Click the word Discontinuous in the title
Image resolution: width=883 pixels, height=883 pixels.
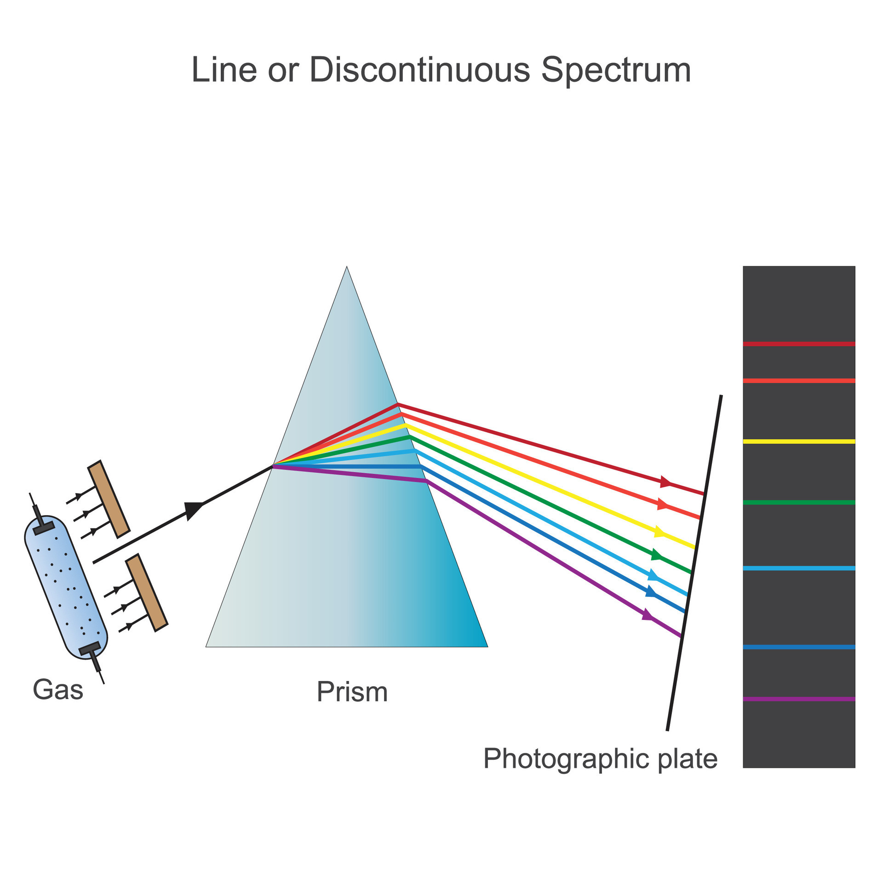coord(420,70)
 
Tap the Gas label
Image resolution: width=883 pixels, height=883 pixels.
coord(58,690)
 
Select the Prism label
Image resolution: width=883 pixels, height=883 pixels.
coord(352,692)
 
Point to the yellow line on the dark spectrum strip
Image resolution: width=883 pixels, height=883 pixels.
coord(799,441)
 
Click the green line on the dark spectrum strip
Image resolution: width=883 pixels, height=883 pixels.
coord(799,502)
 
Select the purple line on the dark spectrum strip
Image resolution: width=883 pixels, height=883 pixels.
coord(799,699)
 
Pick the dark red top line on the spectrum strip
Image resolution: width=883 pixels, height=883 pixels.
coord(799,344)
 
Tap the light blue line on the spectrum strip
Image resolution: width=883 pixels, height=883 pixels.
coord(799,568)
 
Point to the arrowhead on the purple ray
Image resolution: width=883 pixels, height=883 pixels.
coord(647,615)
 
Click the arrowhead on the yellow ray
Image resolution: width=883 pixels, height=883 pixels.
coord(659,532)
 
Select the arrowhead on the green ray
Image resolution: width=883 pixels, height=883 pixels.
coord(656,555)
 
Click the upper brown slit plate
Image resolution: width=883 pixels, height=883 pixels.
coord(109,499)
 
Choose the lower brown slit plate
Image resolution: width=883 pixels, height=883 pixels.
coord(147,593)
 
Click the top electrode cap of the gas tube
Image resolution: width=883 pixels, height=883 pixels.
coord(44,528)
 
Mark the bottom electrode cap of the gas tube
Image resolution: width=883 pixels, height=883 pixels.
coord(90,648)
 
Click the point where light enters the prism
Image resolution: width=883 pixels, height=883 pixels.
coord(273,465)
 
